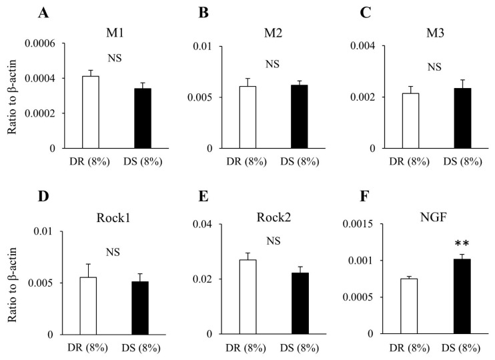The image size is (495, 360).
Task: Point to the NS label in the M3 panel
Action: click(x=434, y=66)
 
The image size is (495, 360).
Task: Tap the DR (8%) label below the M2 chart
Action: click(x=248, y=161)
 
